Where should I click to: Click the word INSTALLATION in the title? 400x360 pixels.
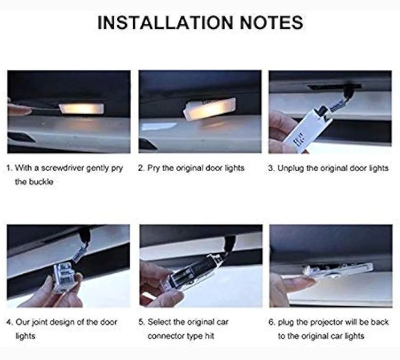pos(165,22)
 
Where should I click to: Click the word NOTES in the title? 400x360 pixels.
pos(271,22)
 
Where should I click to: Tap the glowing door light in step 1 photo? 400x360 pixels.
pos(82,108)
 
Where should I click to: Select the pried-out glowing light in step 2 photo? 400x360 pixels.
pos(209,109)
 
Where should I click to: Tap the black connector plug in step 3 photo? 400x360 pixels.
pos(349,91)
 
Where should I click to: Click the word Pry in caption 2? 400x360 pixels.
pos(154,169)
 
